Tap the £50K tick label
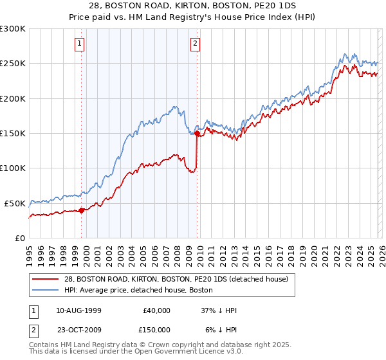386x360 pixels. point(15,203)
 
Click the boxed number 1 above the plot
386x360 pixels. point(79,44)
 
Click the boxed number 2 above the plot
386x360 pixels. point(194,44)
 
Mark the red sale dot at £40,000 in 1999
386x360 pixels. point(81,210)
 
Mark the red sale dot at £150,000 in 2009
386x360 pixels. point(197,134)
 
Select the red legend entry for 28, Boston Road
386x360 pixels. point(179,278)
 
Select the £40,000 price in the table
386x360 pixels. point(156,310)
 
